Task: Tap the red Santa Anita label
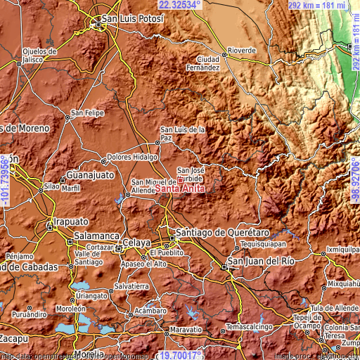(179, 188)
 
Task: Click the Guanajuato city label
(90, 174)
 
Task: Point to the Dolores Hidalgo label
(131, 157)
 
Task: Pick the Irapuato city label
(70, 219)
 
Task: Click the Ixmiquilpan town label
(343, 250)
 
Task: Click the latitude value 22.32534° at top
(179, 5)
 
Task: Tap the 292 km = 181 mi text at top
(318, 5)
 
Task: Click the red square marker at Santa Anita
(180, 180)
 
